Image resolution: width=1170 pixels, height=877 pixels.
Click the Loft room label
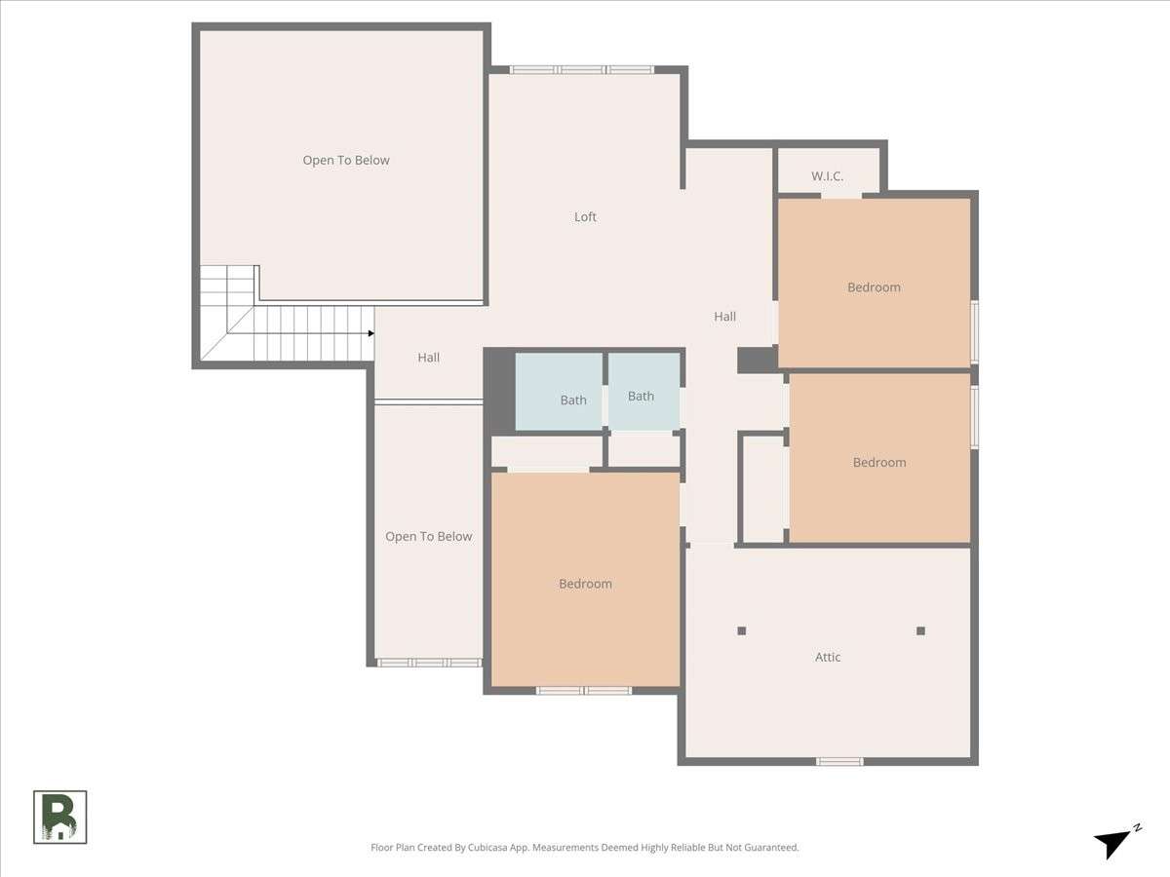click(585, 216)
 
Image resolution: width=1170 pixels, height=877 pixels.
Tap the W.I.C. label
click(827, 176)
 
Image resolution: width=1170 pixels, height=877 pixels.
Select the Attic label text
click(828, 657)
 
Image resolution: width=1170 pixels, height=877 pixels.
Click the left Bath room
click(559, 392)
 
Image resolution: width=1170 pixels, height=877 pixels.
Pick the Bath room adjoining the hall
click(643, 392)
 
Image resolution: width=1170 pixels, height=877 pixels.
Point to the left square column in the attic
click(741, 631)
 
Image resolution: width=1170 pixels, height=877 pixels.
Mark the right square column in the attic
click(920, 631)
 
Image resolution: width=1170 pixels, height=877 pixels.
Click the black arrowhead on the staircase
click(371, 333)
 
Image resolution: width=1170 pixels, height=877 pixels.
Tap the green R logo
click(59, 817)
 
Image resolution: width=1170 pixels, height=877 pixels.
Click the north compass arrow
click(1114, 842)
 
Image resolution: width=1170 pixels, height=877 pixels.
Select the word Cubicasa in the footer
click(487, 847)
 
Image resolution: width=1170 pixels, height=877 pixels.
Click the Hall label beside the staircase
click(429, 358)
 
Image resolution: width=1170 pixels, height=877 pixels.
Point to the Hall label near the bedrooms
click(725, 317)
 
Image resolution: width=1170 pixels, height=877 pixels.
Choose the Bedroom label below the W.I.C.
click(875, 287)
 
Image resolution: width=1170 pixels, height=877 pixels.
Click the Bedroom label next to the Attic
click(585, 584)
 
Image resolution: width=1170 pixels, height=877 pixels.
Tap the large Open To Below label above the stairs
click(346, 160)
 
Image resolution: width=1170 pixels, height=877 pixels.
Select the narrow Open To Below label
click(429, 536)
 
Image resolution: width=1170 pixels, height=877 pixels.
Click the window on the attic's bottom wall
click(839, 761)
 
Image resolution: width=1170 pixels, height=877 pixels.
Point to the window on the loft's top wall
click(581, 70)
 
